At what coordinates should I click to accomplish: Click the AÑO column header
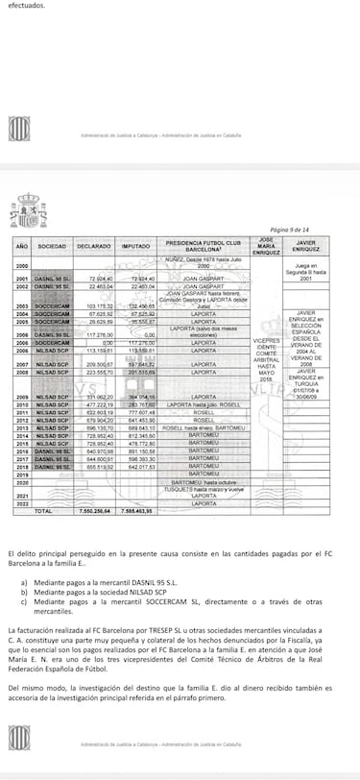[21, 244]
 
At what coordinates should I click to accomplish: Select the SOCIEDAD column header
[52, 244]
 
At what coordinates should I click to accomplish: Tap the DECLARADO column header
[93, 244]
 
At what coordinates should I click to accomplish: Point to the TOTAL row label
[42, 510]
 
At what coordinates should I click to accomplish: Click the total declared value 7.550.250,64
[93, 510]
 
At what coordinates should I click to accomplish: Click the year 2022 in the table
[21, 502]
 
